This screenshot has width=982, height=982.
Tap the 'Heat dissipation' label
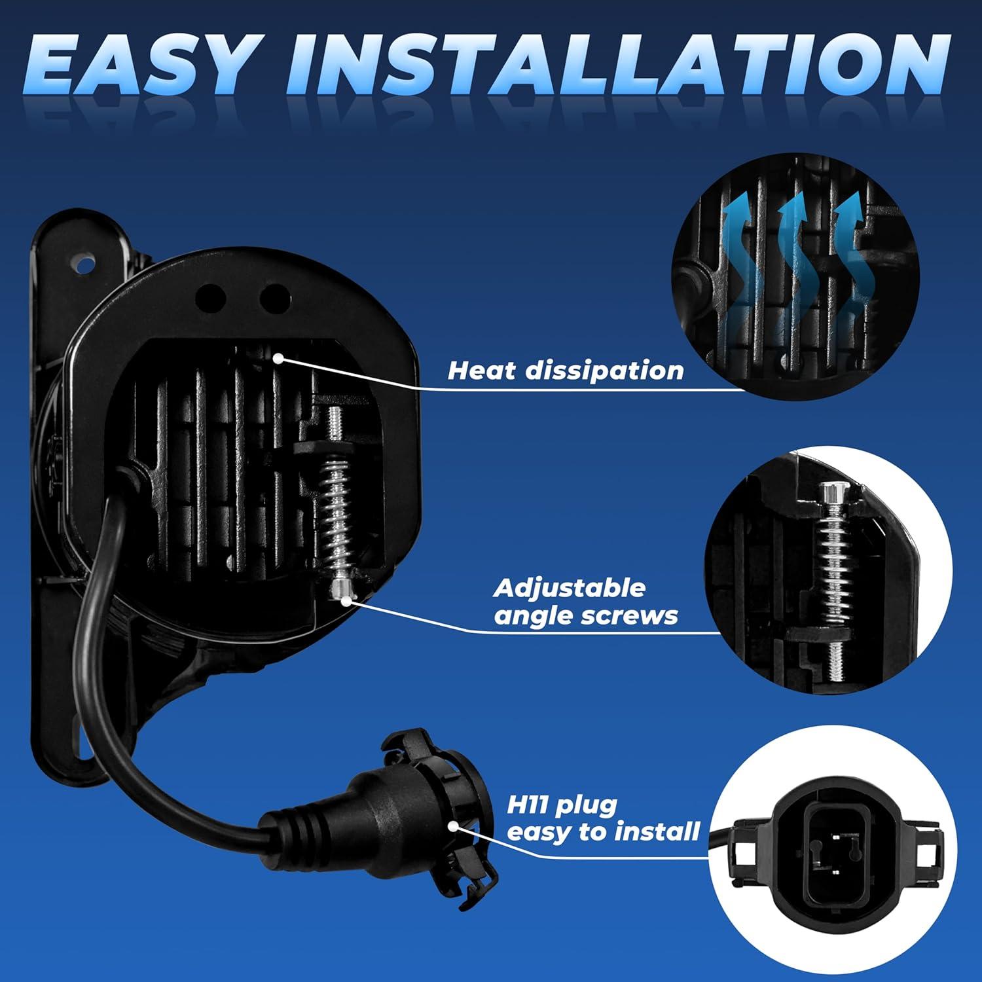566,371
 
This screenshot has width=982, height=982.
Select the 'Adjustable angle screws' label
585,602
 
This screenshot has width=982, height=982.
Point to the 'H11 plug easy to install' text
602,818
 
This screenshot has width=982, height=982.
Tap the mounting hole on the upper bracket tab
83,264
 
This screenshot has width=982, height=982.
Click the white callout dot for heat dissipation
279,357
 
